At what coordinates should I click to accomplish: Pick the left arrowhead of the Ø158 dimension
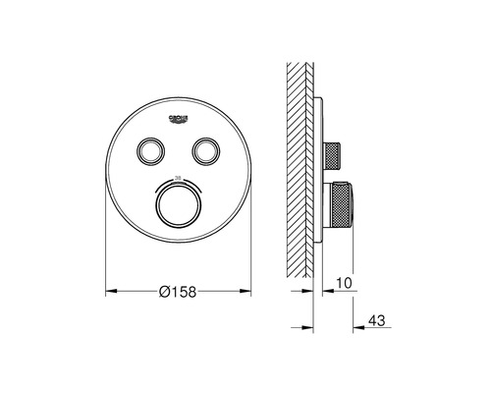tap(109, 291)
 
